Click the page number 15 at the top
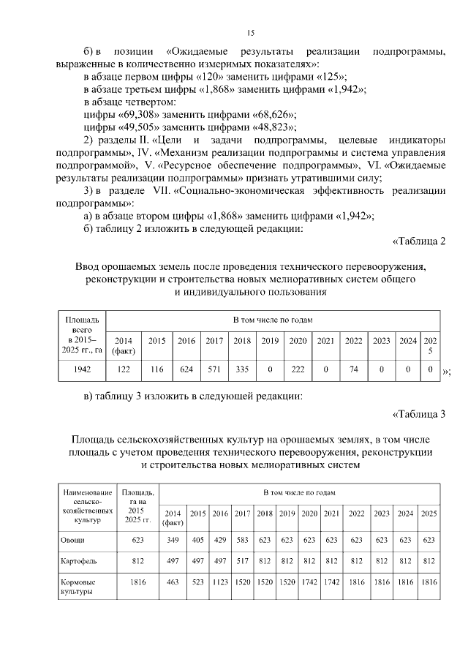tap(250, 33)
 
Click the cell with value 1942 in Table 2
tap(82, 369)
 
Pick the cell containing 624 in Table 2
tap(186, 369)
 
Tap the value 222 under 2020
tap(298, 369)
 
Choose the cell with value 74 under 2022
tap(353, 369)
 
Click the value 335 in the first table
tap(242, 369)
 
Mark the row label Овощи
tap(72, 540)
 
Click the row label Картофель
tap(79, 561)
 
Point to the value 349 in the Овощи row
tap(173, 540)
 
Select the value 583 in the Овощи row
tap(242, 540)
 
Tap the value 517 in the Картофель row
tap(242, 561)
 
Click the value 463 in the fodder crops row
tap(173, 583)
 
